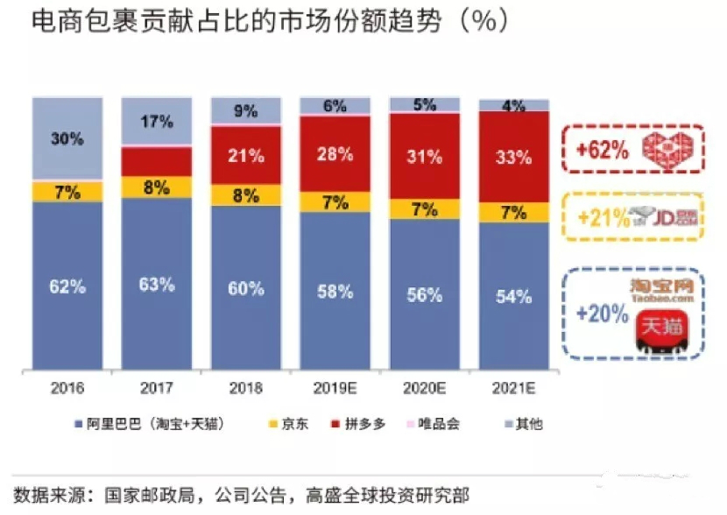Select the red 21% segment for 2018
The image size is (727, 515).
coord(246,155)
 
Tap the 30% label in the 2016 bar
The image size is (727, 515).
coord(67,138)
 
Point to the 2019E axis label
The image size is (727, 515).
coord(335,386)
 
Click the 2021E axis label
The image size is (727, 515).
coord(513,386)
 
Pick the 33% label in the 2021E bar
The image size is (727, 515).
coord(513,158)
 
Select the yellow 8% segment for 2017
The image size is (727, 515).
coord(157,187)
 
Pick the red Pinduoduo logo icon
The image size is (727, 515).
coord(665,149)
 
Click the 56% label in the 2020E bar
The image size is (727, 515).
coord(424,295)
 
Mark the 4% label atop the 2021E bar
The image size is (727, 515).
coord(513,106)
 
